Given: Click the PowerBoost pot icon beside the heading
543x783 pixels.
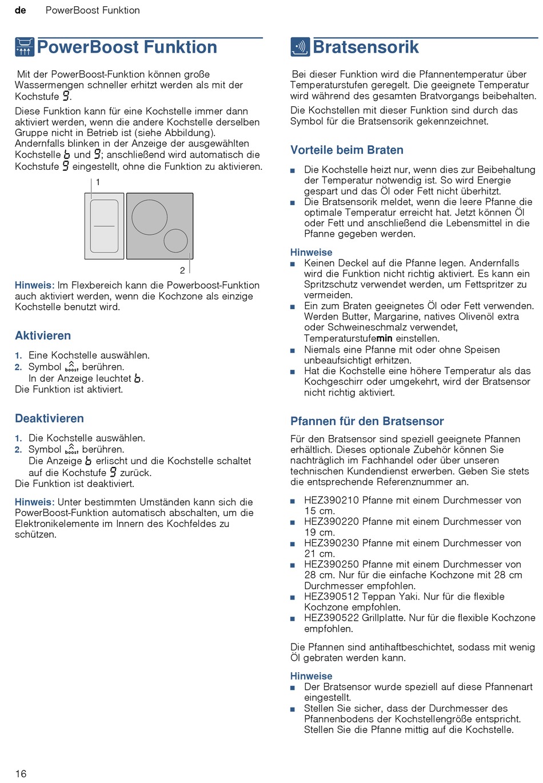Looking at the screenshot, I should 24,47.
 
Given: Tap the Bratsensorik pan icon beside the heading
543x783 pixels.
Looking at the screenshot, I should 300,47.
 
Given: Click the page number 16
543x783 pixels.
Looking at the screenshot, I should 21,773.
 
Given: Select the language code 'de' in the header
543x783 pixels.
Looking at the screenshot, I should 21,10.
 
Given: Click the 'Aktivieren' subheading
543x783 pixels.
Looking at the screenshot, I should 43,335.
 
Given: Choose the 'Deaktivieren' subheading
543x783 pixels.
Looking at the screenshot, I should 49,418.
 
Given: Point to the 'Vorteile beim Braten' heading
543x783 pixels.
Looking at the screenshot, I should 346,150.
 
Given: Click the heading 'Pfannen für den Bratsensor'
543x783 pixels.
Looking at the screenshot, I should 367,421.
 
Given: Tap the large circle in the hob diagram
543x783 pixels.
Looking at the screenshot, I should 150,218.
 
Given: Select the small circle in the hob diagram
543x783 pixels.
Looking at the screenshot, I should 175,241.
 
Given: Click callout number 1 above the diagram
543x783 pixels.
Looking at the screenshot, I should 98,182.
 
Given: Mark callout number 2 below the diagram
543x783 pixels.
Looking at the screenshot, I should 182,270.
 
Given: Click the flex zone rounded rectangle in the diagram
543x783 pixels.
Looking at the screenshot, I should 104,226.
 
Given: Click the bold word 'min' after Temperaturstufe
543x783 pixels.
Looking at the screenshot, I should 384,338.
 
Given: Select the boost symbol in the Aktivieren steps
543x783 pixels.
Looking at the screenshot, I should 71,367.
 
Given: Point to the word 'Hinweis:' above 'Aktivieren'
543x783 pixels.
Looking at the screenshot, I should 34,285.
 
